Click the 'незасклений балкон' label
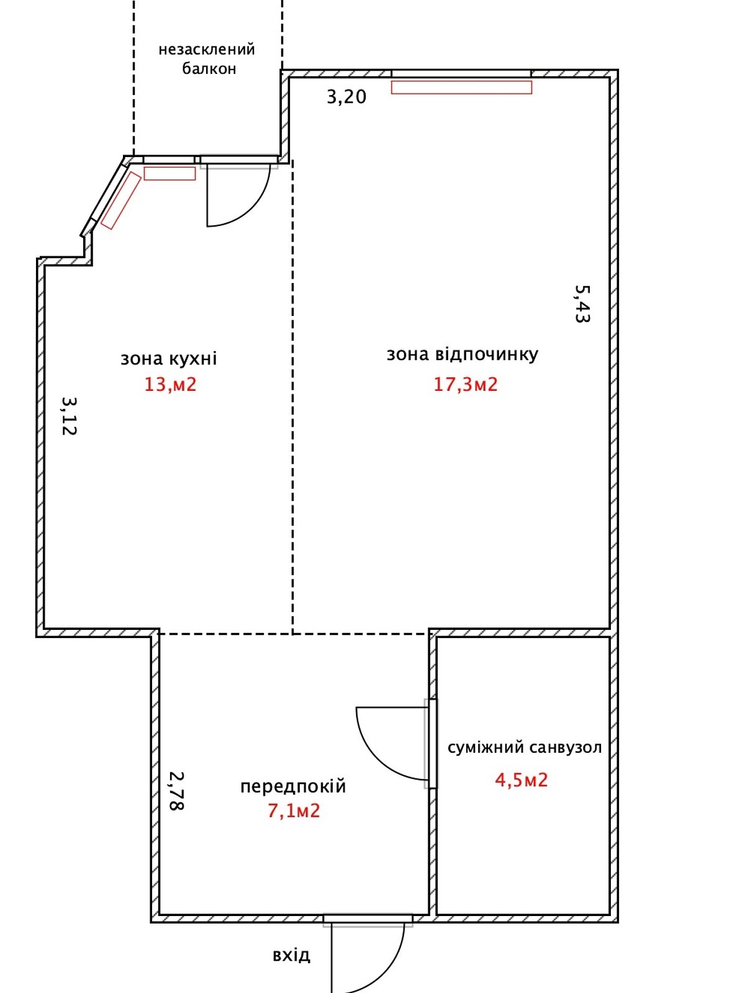(207, 58)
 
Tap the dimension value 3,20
(346, 97)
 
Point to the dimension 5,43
(582, 304)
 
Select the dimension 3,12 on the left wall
(69, 416)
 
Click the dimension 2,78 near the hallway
(176, 791)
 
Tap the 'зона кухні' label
(169, 359)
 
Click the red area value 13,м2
(170, 385)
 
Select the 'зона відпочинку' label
(463, 354)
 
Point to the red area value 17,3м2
(466, 385)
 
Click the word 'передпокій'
(293, 786)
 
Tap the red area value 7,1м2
(294, 811)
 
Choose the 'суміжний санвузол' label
(525, 747)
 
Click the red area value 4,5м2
(521, 780)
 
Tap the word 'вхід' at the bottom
(291, 955)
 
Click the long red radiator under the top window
(461, 88)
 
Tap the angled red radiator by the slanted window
(121, 200)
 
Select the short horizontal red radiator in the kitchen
(169, 174)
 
